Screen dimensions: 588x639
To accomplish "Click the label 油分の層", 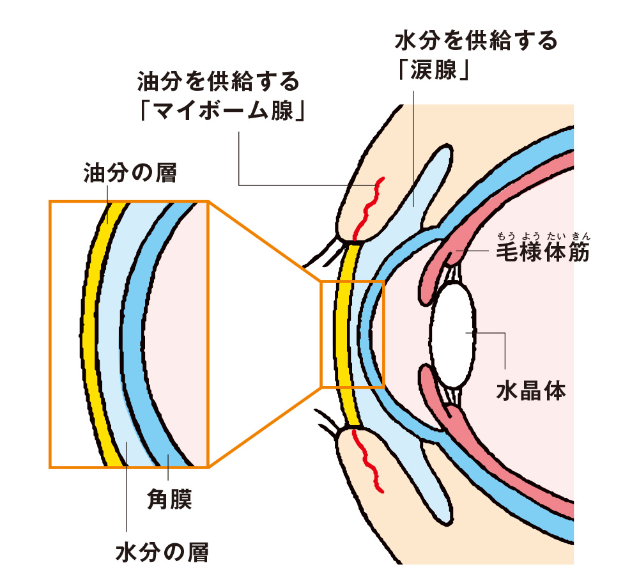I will pos(130,173).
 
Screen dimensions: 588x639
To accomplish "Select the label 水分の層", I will pos(162,551).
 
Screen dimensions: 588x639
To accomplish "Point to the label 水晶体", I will pos(531,389).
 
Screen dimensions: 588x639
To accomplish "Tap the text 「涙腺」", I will pos(434,70).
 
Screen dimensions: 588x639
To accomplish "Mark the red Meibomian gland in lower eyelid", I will pos(369,460).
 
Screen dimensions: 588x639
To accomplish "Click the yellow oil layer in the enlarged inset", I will pos(96,332).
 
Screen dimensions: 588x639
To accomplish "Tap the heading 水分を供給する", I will pos(476,42).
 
